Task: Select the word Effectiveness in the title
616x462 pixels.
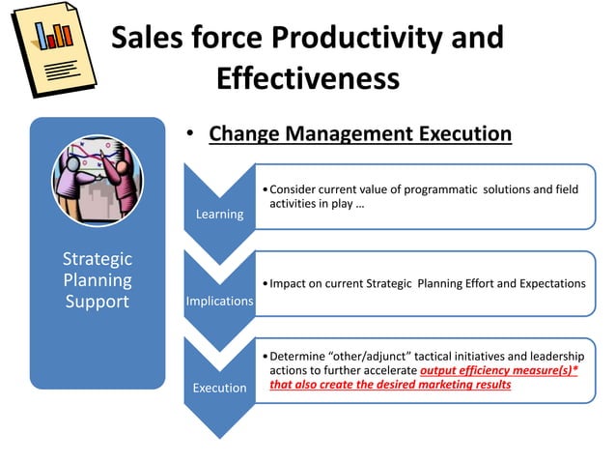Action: (x=308, y=77)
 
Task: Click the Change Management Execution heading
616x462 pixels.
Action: (x=360, y=133)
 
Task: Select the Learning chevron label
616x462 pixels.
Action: (x=219, y=214)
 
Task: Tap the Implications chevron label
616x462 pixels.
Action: (x=219, y=302)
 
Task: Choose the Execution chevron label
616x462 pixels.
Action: (x=219, y=388)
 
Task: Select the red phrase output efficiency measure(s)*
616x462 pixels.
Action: (x=499, y=370)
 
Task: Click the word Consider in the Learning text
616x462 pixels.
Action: (x=295, y=188)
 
